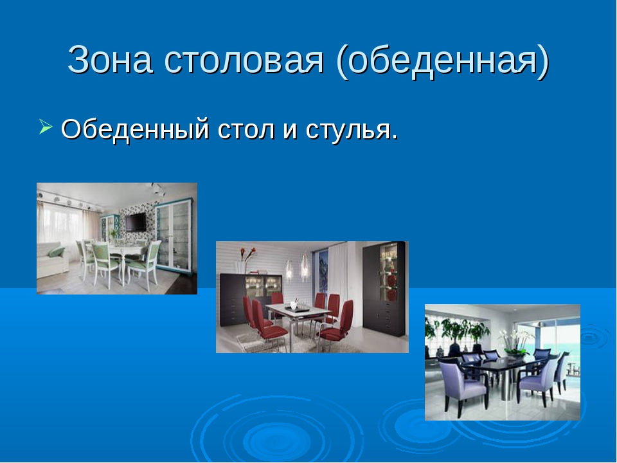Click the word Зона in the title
pyautogui.click(x=110, y=59)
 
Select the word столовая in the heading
pyautogui.click(x=244, y=59)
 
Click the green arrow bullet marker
pyautogui.click(x=46, y=127)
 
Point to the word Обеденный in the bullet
pyautogui.click(x=135, y=129)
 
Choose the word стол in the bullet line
pyautogui.click(x=246, y=130)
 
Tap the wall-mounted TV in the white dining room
pyautogui.click(x=136, y=222)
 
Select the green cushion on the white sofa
pyautogui.click(x=57, y=251)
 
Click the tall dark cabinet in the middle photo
pyautogui.click(x=384, y=289)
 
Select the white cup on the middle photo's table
pyautogui.click(x=293, y=305)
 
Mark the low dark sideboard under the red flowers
pyautogui.click(x=250, y=299)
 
